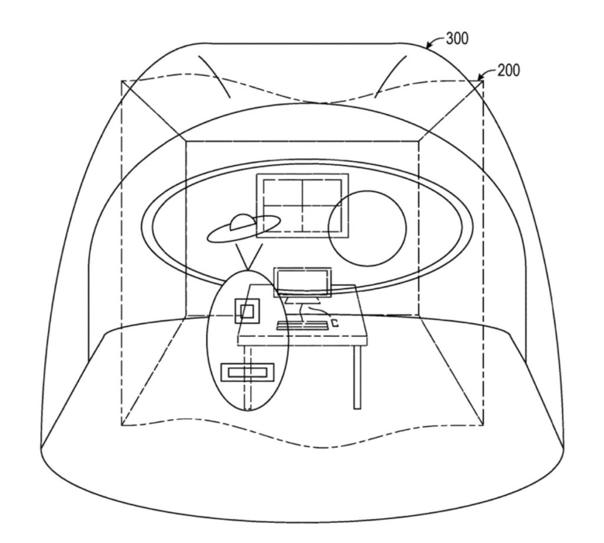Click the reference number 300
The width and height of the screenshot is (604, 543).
pos(457,38)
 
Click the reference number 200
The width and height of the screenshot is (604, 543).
pos(508,70)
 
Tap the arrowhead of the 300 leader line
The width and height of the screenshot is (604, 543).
pos(428,46)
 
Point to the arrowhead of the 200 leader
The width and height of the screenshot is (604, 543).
pos(480,78)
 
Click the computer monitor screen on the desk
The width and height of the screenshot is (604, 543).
pos(303,282)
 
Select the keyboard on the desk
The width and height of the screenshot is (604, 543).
pos(303,325)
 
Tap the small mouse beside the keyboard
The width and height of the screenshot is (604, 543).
pos(335,323)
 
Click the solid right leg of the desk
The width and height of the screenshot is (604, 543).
pos(357,377)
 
